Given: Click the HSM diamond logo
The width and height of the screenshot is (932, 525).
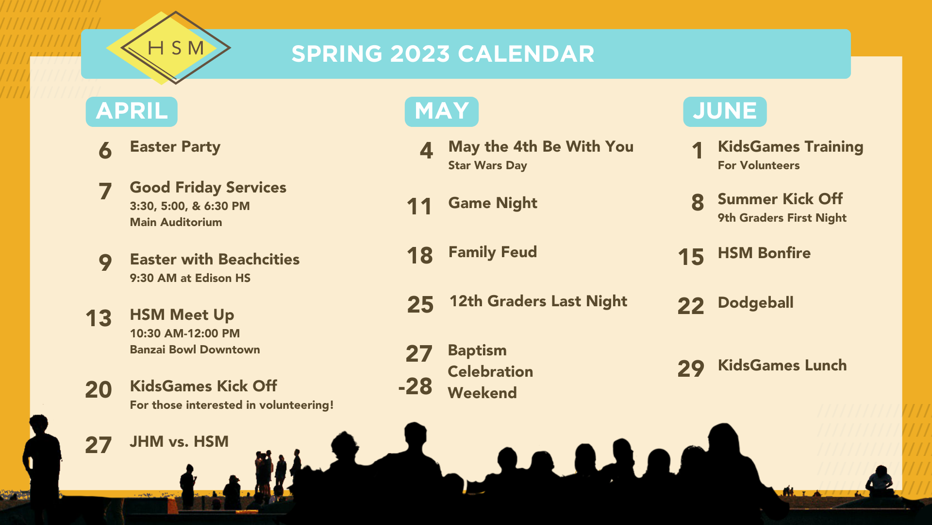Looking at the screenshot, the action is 168,48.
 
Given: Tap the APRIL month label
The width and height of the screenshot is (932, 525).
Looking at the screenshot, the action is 132,111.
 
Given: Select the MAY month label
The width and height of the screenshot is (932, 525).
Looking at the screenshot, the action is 442,111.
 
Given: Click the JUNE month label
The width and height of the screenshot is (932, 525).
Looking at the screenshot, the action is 725,111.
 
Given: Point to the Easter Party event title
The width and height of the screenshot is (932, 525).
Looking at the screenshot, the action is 175,147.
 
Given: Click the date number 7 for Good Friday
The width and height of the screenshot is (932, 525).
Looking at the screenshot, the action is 105,191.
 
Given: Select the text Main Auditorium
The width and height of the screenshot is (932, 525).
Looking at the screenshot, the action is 176,222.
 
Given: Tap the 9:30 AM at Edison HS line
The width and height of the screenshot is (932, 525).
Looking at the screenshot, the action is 190,278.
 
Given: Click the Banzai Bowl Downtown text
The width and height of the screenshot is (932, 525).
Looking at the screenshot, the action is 195,350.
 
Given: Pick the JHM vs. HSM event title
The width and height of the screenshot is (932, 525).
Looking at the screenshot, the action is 179,441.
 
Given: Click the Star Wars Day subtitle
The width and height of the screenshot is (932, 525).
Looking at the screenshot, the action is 487,166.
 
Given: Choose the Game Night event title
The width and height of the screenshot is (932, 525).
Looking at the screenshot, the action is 493,203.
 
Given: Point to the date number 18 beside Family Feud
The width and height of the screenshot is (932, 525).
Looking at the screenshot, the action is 420,256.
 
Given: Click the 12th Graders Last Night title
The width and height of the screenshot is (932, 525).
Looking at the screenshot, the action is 538,301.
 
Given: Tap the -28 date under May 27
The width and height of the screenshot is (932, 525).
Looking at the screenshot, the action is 416,386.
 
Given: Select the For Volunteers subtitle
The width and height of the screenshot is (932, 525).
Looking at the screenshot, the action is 759,165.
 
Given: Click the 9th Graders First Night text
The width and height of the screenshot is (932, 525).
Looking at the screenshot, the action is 782,218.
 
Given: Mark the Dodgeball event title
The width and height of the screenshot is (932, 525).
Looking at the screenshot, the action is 755,303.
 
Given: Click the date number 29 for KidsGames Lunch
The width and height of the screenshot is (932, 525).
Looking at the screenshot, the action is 691,369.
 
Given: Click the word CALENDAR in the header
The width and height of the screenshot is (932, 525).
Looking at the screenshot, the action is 526,54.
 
